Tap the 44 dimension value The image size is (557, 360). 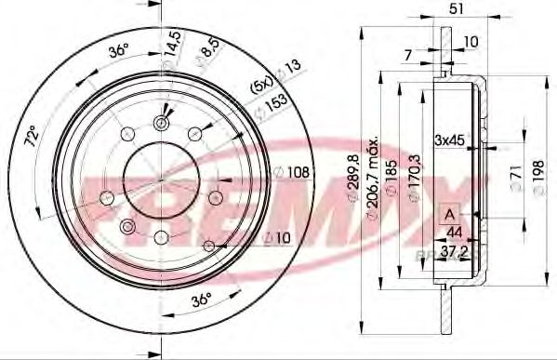(456, 233)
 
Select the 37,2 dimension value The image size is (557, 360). (454, 252)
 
